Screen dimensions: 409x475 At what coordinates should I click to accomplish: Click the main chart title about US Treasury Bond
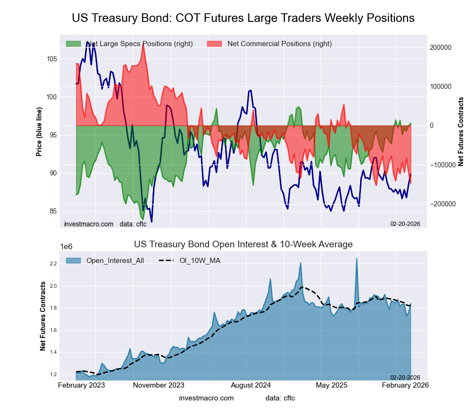tap(243, 18)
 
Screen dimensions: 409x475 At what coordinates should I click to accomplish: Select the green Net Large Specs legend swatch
tap(73, 44)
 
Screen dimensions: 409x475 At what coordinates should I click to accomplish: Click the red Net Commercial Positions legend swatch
tap(215, 44)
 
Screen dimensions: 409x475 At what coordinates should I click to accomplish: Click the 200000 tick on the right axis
tap(440, 48)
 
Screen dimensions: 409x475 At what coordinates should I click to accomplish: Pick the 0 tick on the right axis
tap(432, 126)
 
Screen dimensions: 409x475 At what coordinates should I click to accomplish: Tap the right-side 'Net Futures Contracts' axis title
tap(460, 131)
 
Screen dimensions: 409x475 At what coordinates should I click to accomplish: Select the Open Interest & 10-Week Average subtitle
tap(243, 244)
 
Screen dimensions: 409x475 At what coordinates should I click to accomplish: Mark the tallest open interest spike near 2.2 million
tap(357, 259)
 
